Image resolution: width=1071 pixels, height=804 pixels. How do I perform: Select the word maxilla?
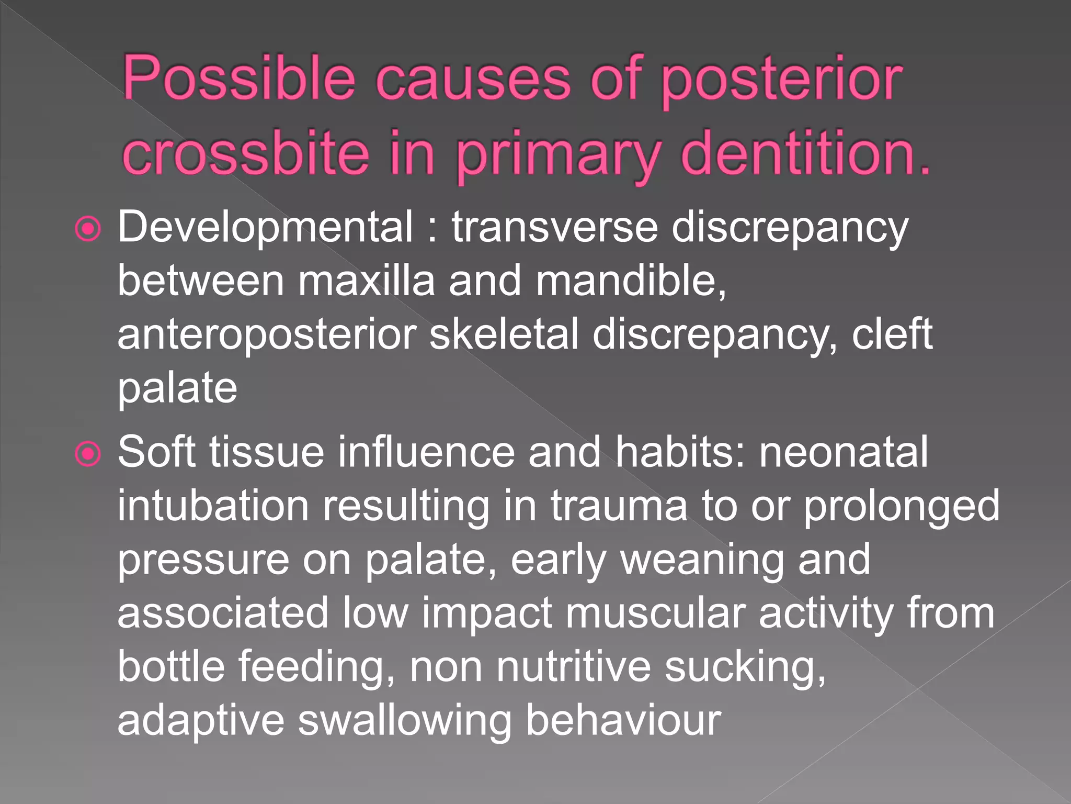(x=366, y=281)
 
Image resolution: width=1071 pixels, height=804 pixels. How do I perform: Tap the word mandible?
(x=630, y=281)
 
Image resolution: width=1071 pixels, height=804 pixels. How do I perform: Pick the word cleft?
(x=892, y=334)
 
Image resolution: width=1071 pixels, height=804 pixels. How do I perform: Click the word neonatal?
(x=843, y=452)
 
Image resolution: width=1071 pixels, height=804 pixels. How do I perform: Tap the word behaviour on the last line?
(x=622, y=721)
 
